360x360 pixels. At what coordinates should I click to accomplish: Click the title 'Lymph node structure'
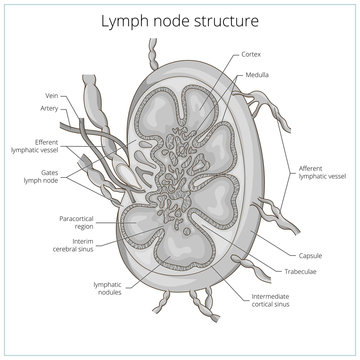coord(179,19)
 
